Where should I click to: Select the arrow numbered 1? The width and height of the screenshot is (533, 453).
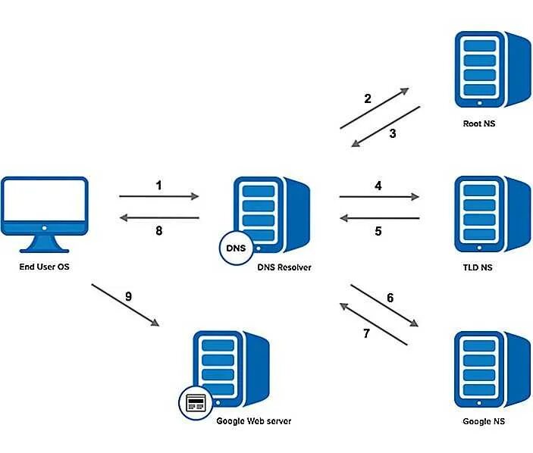158,196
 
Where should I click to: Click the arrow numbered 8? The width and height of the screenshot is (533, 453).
158,218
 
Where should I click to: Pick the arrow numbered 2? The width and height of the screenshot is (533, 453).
374,108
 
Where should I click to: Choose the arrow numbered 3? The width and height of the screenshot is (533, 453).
384,127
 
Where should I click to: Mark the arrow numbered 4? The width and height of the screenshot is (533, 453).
379,196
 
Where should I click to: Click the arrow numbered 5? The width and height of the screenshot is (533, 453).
379,218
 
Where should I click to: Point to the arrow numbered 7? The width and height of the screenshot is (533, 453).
373,323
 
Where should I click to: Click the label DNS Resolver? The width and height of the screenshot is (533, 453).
284,267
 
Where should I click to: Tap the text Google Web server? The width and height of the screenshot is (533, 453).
253,421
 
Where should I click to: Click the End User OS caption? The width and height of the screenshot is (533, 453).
45,267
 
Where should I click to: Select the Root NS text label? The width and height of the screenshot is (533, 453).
478,123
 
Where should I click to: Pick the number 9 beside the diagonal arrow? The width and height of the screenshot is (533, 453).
128,296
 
